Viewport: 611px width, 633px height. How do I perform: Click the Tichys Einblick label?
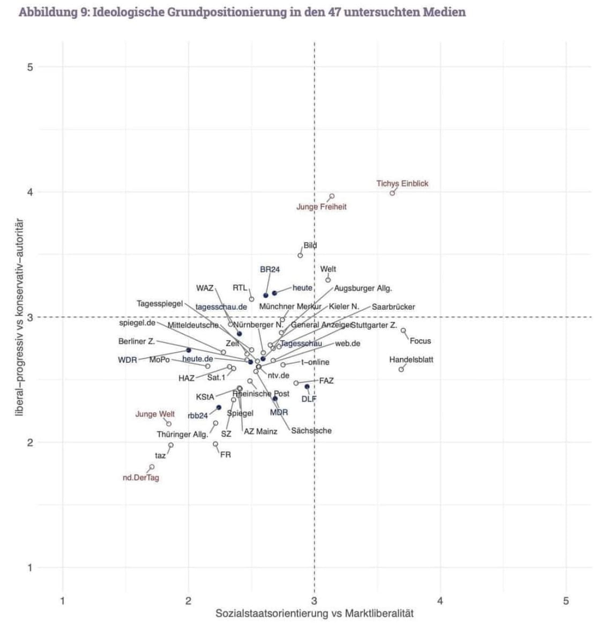pos(402,183)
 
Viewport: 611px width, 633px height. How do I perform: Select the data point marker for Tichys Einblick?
pos(392,193)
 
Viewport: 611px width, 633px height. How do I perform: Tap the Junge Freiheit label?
pos(321,207)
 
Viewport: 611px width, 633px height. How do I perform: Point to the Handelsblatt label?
pos(411,360)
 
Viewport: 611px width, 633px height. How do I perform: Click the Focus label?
pos(420,341)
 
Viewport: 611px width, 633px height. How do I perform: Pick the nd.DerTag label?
pos(141,478)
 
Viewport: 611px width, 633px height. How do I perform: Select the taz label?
pos(160,456)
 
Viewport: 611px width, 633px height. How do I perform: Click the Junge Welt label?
pos(155,414)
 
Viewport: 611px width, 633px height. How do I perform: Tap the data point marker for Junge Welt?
pos(169,424)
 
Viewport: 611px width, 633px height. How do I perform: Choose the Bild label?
pos(310,246)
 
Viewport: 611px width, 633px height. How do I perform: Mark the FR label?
pos(226,455)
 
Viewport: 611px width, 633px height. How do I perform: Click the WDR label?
pos(128,360)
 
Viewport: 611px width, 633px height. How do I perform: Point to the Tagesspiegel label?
pos(160,304)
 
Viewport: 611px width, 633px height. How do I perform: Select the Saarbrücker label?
pos(393,307)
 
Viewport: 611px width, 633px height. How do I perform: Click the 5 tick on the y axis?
pos(30,67)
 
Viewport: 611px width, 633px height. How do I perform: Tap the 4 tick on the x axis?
pos(440,601)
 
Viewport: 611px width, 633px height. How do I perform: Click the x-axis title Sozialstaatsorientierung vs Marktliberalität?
pos(315,614)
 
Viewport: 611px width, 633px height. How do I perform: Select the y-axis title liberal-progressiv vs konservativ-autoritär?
pos(20,316)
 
